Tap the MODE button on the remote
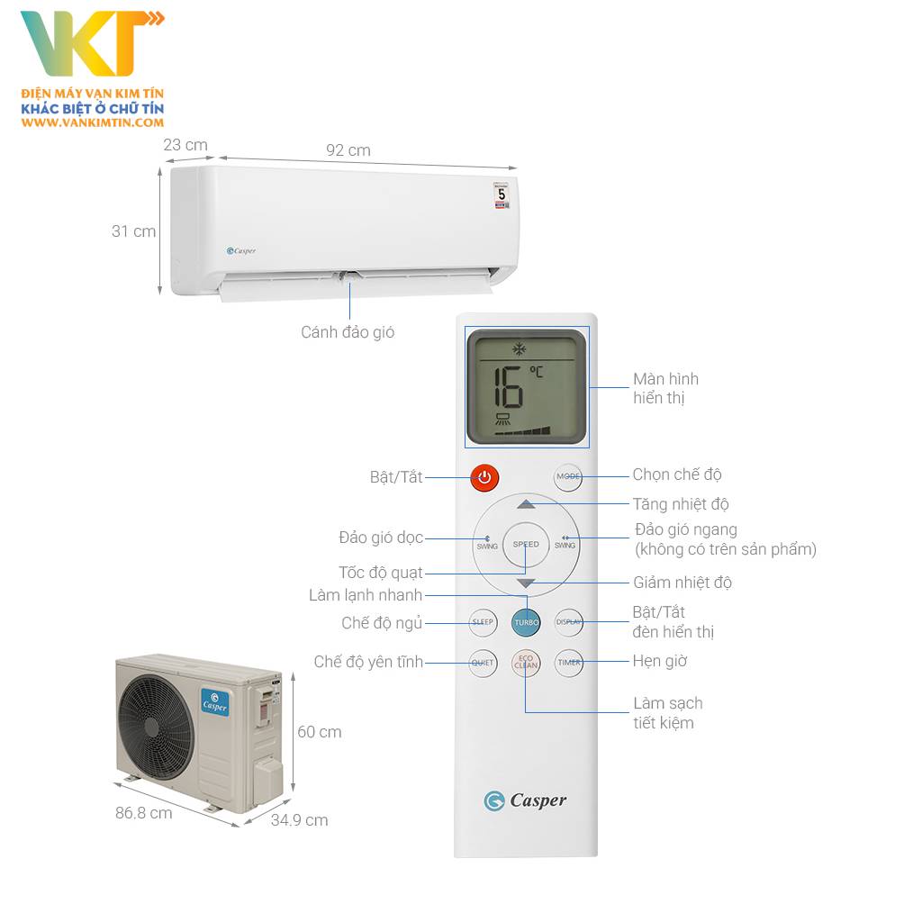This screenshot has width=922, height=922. [568, 476]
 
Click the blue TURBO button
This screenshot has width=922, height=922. [526, 621]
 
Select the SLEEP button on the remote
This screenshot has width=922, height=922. [484, 621]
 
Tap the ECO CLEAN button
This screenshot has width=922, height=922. [526, 663]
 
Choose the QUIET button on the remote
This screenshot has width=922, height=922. [484, 663]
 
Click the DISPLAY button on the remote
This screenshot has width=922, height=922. [568, 621]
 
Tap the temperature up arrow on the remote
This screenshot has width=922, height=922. [527, 505]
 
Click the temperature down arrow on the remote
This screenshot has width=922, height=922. [527, 583]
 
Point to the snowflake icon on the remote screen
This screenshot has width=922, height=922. [520, 348]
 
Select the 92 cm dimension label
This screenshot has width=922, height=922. [348, 150]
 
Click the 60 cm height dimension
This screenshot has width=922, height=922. [320, 732]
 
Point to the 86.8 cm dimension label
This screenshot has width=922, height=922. [143, 813]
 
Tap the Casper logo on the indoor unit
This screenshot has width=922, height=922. [241, 251]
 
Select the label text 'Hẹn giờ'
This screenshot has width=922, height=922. [660, 661]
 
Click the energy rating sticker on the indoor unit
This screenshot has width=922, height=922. [502, 195]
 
